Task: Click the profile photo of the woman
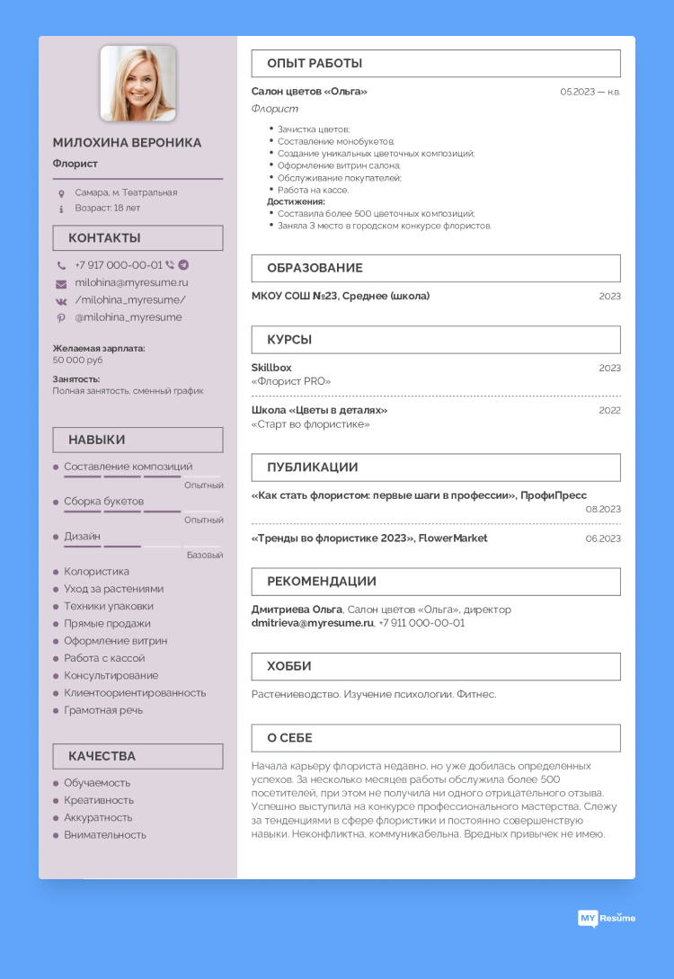137,84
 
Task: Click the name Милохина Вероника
127,143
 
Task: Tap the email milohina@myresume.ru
131,282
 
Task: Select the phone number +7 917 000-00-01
119,265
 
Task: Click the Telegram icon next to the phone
183,265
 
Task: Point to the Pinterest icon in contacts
61,317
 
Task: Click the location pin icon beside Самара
61,192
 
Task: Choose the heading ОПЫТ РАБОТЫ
315,64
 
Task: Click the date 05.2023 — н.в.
590,92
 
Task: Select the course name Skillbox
271,368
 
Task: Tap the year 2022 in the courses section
609,410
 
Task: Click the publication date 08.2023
603,509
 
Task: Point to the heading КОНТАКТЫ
104,238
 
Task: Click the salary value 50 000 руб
77,360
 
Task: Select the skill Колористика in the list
96,572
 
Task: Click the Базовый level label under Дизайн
205,555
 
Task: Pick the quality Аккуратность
98,818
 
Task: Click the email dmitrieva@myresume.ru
312,622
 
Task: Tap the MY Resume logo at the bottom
606,918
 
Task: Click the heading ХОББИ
289,666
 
